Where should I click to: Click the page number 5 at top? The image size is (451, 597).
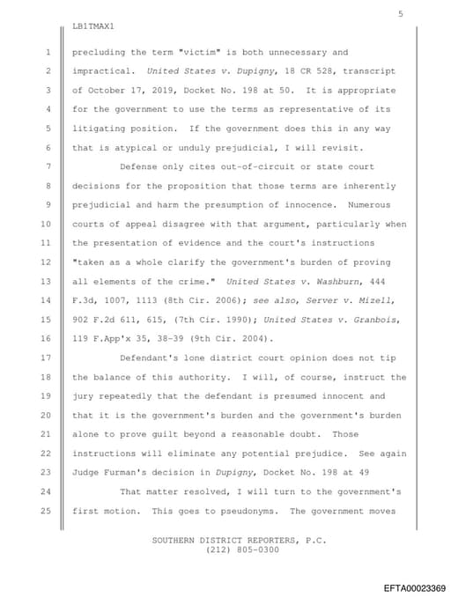tap(400, 13)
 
